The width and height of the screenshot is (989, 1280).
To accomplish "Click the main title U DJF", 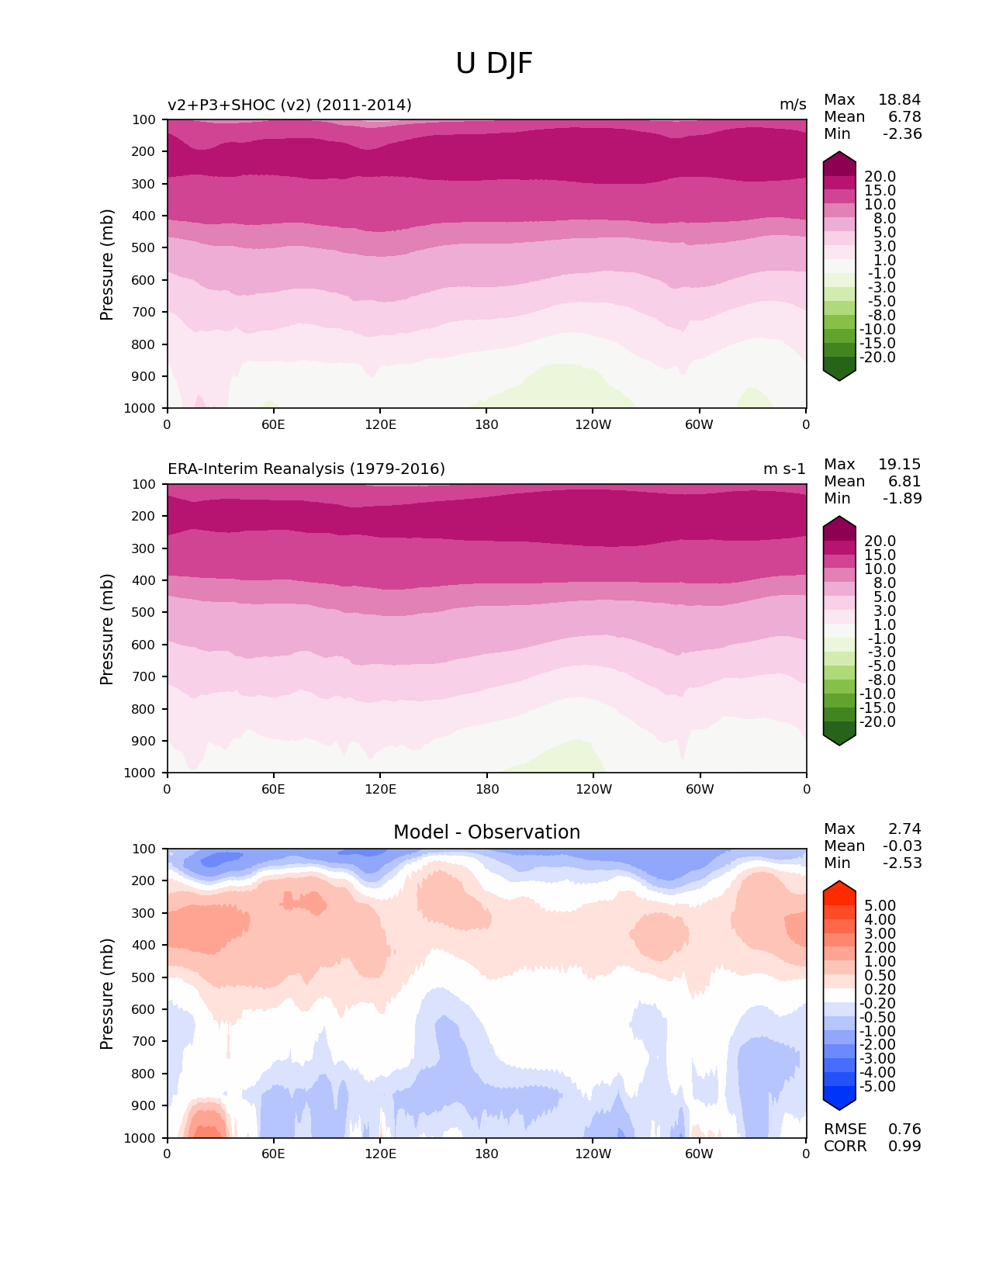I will coord(494,64).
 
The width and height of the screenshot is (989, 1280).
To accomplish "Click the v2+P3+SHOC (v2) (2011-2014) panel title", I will coord(289,105).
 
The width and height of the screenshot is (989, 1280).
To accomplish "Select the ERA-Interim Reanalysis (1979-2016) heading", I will coord(306,469).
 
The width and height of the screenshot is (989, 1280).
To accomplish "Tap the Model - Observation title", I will coord(486,832).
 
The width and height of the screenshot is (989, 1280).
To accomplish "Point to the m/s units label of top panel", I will coord(793,105).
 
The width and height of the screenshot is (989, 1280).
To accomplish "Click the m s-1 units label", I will coord(784,469).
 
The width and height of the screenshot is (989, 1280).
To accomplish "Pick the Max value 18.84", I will coord(899,99).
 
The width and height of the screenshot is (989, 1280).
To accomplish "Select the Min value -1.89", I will coord(902,498).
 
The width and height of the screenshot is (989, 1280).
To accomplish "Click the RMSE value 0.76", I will coord(904,1129).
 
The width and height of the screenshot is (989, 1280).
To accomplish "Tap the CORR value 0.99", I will coord(904,1146).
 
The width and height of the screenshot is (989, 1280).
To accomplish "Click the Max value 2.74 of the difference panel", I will coord(904,829).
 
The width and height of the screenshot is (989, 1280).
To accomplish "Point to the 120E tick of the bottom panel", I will coord(380,1154).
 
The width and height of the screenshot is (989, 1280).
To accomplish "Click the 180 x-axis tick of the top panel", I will coord(486,424).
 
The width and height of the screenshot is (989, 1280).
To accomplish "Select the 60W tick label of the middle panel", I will coord(700,789).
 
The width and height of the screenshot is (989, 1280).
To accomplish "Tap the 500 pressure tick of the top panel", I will coord(145,248).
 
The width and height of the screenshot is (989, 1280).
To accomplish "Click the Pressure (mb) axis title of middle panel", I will coord(107,629).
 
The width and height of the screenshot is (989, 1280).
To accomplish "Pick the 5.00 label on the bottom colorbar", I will coord(880,906).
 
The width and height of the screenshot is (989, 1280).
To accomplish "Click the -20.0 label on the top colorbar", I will coord(880,358).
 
